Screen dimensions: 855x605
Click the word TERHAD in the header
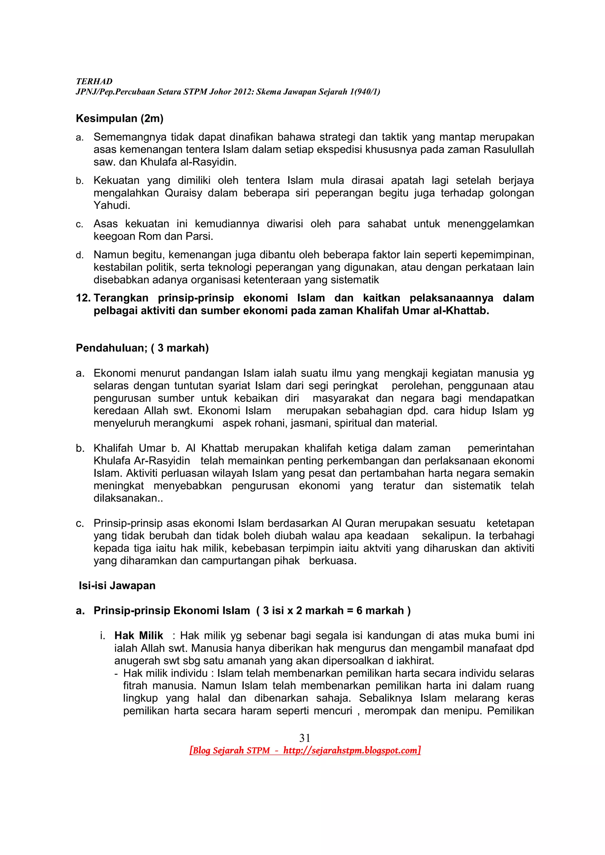tap(94, 81)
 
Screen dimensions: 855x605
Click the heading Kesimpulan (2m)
tap(120, 118)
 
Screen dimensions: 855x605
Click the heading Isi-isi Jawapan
tap(117, 585)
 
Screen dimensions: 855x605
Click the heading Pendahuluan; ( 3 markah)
tap(142, 348)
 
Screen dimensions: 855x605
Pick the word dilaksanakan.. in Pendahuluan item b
tap(128, 498)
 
